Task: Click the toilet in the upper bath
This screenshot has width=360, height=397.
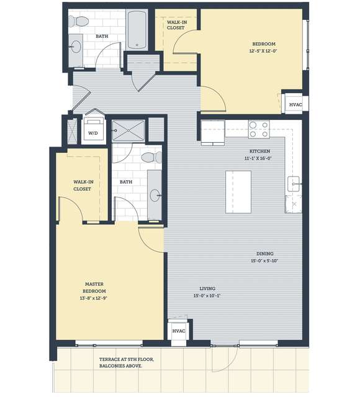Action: click(x=79, y=21)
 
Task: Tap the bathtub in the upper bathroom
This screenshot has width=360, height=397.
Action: click(x=137, y=30)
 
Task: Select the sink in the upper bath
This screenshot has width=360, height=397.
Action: click(x=76, y=47)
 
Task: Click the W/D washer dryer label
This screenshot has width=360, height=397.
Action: click(x=93, y=133)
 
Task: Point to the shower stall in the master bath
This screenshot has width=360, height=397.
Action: click(x=128, y=130)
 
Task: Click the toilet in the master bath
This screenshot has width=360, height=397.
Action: click(x=152, y=157)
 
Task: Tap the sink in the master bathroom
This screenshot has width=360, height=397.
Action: click(x=155, y=196)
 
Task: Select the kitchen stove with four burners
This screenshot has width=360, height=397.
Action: click(x=259, y=129)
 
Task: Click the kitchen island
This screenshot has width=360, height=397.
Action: click(x=238, y=192)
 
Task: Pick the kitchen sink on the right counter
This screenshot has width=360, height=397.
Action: click(x=294, y=184)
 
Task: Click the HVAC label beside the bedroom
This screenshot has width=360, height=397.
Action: click(x=295, y=104)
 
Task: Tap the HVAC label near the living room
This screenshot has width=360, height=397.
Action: click(x=179, y=331)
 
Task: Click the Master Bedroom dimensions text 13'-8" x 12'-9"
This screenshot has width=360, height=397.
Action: click(x=94, y=298)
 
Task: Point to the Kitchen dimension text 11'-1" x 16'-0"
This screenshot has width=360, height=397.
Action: click(x=258, y=158)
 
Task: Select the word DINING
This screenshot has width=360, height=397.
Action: click(x=265, y=253)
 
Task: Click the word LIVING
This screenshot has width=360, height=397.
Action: click(x=207, y=288)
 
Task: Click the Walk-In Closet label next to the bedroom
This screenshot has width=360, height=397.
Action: click(x=177, y=25)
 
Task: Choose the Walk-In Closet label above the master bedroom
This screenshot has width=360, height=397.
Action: click(x=83, y=185)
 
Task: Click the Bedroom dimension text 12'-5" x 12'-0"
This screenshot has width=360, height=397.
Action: click(x=263, y=51)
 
